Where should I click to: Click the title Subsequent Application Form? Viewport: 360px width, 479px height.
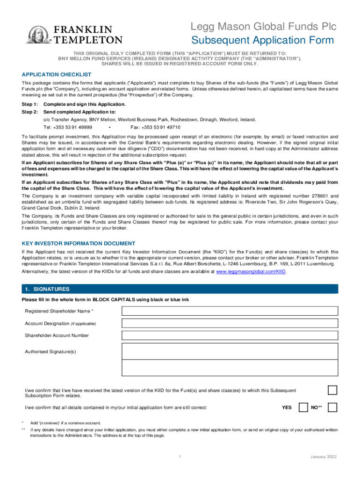pos(263,40)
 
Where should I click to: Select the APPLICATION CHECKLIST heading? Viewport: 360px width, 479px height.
pos(57,75)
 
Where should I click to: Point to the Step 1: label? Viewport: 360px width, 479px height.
pos(30,104)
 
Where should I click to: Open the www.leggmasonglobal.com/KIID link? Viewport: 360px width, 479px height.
pos(250,271)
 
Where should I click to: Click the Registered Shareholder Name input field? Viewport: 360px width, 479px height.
pos(230,311)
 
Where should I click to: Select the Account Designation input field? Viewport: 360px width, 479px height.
pos(230,323)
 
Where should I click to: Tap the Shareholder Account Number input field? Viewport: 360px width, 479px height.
pos(230,335)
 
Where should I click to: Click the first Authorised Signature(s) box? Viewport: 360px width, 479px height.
pos(230,351)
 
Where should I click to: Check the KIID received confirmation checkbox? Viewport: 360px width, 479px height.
pos(332,391)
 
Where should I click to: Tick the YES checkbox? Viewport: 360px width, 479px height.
pos(303,407)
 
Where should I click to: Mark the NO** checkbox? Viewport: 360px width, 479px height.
pos(332,407)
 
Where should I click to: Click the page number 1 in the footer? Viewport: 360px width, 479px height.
pos(180,457)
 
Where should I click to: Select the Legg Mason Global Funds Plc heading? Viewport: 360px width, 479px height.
pos(263,26)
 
